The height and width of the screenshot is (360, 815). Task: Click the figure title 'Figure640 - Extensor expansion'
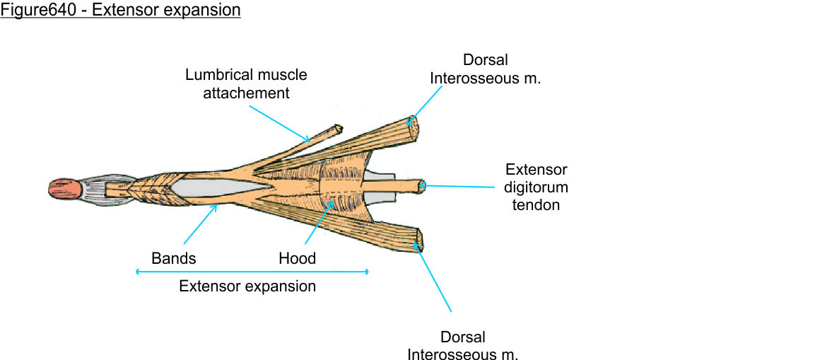point(121,11)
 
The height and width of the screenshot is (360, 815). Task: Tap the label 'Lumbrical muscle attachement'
point(246,83)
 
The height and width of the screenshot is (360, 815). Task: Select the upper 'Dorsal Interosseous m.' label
point(486,69)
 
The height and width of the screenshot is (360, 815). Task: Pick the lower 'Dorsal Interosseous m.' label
point(463,346)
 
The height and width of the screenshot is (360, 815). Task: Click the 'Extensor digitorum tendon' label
point(536,187)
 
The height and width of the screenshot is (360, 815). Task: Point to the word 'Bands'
point(173,259)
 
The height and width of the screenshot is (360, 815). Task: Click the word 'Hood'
point(297,259)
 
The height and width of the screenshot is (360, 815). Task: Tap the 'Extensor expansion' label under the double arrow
point(247,286)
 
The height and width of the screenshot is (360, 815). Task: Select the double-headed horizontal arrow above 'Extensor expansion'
point(252,272)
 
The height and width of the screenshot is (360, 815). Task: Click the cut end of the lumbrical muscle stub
point(339,129)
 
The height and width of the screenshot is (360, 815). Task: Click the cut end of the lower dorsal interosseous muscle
point(418,239)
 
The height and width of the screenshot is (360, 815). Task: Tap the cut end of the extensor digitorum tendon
point(422,185)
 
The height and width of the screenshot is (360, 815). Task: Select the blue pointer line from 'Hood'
point(317,225)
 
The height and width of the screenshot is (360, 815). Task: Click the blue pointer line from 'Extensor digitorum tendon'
point(459,187)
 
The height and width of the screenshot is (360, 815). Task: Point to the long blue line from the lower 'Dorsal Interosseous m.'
point(436,280)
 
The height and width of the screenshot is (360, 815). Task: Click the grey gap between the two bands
point(212,187)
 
